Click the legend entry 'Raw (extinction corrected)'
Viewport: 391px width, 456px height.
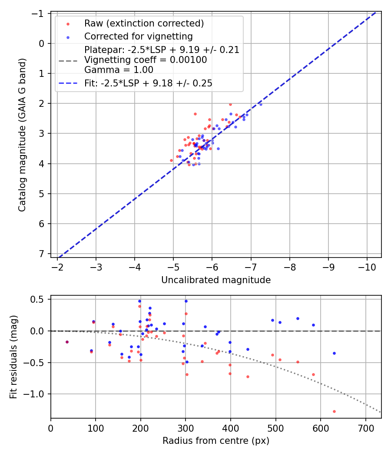click(x=144, y=23)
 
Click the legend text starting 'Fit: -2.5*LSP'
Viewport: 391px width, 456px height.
click(x=148, y=83)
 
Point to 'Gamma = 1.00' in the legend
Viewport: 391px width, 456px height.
click(x=119, y=69)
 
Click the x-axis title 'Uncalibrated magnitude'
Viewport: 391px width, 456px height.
click(x=216, y=280)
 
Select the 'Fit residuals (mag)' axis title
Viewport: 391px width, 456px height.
click(x=13, y=357)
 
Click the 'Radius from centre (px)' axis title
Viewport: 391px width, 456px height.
click(x=216, y=441)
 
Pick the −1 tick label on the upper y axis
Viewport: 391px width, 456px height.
click(x=40, y=13)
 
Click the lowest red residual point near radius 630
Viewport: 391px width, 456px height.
click(x=334, y=411)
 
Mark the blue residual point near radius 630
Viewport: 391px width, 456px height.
click(x=334, y=353)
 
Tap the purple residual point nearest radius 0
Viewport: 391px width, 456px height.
click(x=67, y=342)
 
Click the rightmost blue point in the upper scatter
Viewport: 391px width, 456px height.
click(x=261, y=104)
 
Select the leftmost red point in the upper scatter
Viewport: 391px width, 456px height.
click(x=171, y=160)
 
